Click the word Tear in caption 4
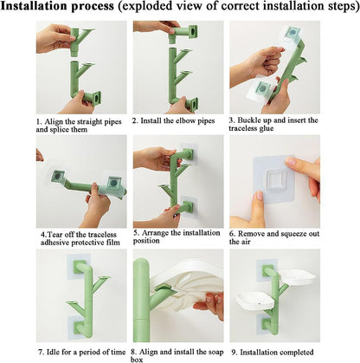click(x=55, y=234)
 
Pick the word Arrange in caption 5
click(x=156, y=233)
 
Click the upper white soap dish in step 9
click(x=297, y=276)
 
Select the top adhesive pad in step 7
click(x=78, y=267)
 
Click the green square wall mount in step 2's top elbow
click(x=192, y=32)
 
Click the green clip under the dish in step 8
click(x=163, y=288)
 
